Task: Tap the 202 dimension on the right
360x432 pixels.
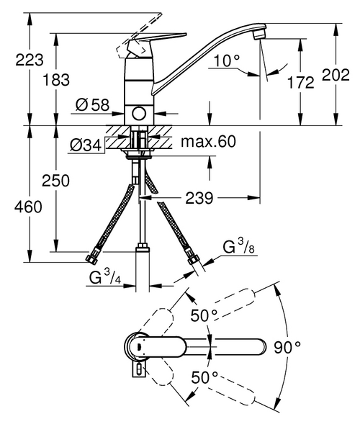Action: pyautogui.click(x=350, y=74)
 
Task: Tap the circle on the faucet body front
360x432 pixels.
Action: pyautogui.click(x=139, y=114)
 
